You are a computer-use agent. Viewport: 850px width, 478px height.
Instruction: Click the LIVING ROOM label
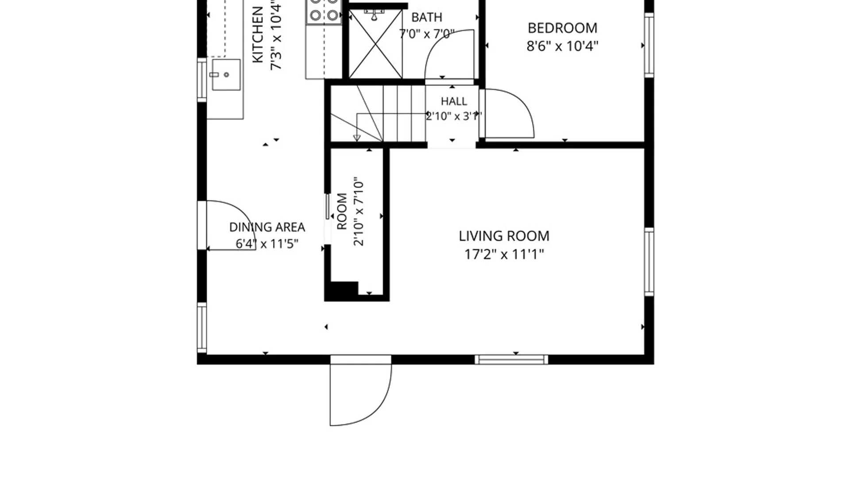click(504, 236)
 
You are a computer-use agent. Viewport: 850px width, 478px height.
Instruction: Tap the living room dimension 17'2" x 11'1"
click(504, 254)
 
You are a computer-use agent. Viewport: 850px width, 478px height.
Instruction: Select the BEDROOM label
click(562, 28)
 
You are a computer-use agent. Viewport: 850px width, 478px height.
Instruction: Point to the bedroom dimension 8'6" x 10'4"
click(562, 46)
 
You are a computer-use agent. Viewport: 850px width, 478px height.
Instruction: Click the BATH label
click(427, 17)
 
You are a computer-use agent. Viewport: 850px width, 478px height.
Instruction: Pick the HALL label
click(454, 101)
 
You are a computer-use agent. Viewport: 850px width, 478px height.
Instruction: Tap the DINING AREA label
click(267, 227)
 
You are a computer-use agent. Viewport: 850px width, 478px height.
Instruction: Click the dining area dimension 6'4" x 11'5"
click(267, 244)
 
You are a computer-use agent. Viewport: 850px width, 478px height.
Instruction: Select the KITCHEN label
click(258, 35)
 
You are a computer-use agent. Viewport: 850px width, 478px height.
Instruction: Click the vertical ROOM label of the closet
click(342, 211)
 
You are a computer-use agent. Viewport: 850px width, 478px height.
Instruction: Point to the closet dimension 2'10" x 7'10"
click(358, 212)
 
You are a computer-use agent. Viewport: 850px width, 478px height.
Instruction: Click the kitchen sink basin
click(226, 74)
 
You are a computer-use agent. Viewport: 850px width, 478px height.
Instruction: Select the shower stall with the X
click(375, 44)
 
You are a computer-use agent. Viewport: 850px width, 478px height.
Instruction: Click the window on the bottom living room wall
click(511, 359)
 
